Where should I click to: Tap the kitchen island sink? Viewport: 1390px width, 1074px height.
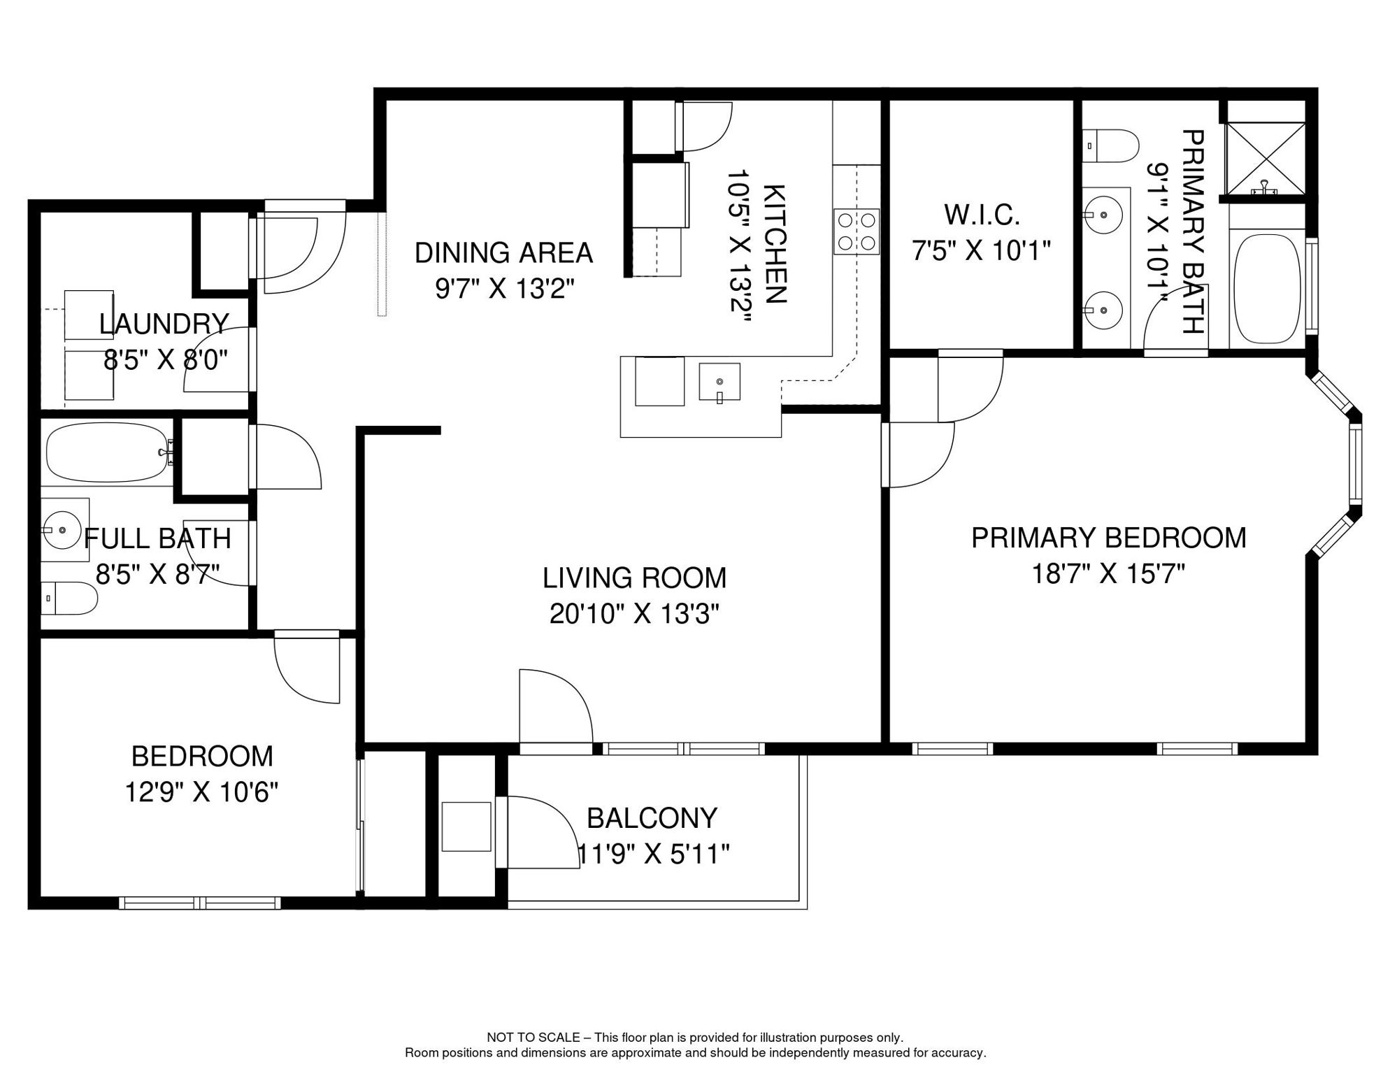click(x=719, y=382)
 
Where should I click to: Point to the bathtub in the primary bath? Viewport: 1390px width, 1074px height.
click(x=1267, y=289)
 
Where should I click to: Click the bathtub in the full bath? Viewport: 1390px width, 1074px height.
click(x=109, y=452)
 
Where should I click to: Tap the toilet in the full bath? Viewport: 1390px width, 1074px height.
click(x=69, y=598)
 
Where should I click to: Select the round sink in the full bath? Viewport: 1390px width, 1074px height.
click(x=63, y=530)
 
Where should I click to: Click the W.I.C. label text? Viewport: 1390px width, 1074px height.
click(x=982, y=215)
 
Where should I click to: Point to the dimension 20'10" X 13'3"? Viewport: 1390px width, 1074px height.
click(x=634, y=615)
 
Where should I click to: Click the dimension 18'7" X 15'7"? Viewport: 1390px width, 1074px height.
click(x=1108, y=574)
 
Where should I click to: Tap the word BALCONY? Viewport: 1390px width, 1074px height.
click(x=652, y=817)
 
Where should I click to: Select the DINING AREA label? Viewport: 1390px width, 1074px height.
click(x=503, y=252)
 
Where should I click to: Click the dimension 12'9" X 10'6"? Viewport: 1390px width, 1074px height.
click(x=201, y=793)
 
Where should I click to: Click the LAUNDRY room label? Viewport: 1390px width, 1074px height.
click(x=164, y=324)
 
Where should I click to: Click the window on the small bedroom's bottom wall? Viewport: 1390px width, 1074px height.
click(x=200, y=903)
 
